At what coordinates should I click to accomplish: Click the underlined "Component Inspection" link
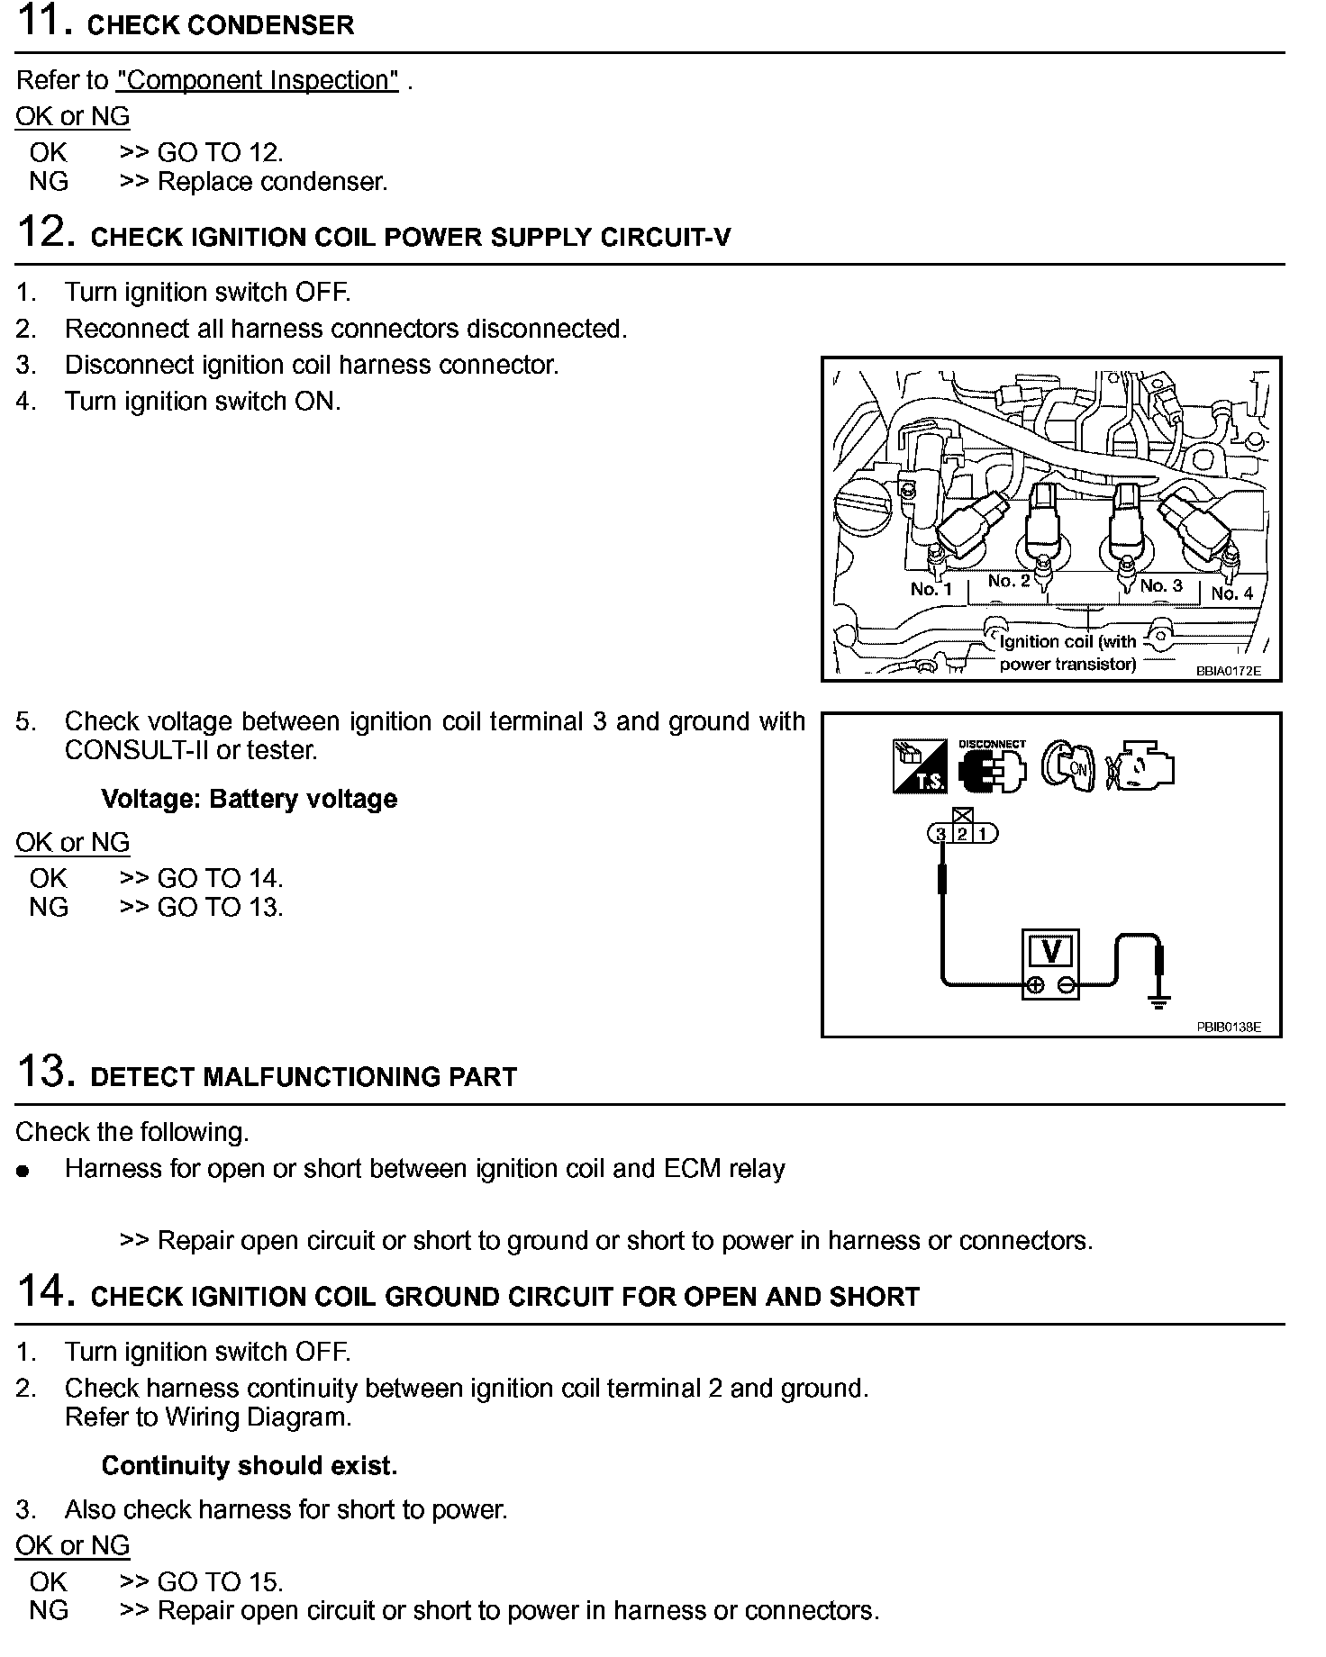[x=258, y=80]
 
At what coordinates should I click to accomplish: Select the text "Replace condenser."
[x=272, y=182]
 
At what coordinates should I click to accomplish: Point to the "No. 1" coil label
[x=931, y=589]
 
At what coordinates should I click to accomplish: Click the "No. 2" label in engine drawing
[x=1008, y=581]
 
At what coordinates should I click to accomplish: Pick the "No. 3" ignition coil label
[x=1160, y=585]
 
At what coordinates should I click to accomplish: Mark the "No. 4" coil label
[x=1231, y=593]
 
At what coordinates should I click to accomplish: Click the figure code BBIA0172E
[x=1228, y=671]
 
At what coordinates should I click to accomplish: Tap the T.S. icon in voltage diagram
[x=919, y=767]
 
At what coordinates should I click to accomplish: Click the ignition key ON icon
[x=1068, y=767]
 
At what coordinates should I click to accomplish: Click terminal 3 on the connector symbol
[x=940, y=834]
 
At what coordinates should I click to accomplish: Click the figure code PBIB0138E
[x=1228, y=1027]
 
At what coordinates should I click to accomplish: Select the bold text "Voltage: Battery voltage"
[x=249, y=800]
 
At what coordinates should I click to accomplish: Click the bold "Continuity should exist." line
[x=249, y=1466]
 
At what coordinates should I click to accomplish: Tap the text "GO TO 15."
[x=220, y=1582]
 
